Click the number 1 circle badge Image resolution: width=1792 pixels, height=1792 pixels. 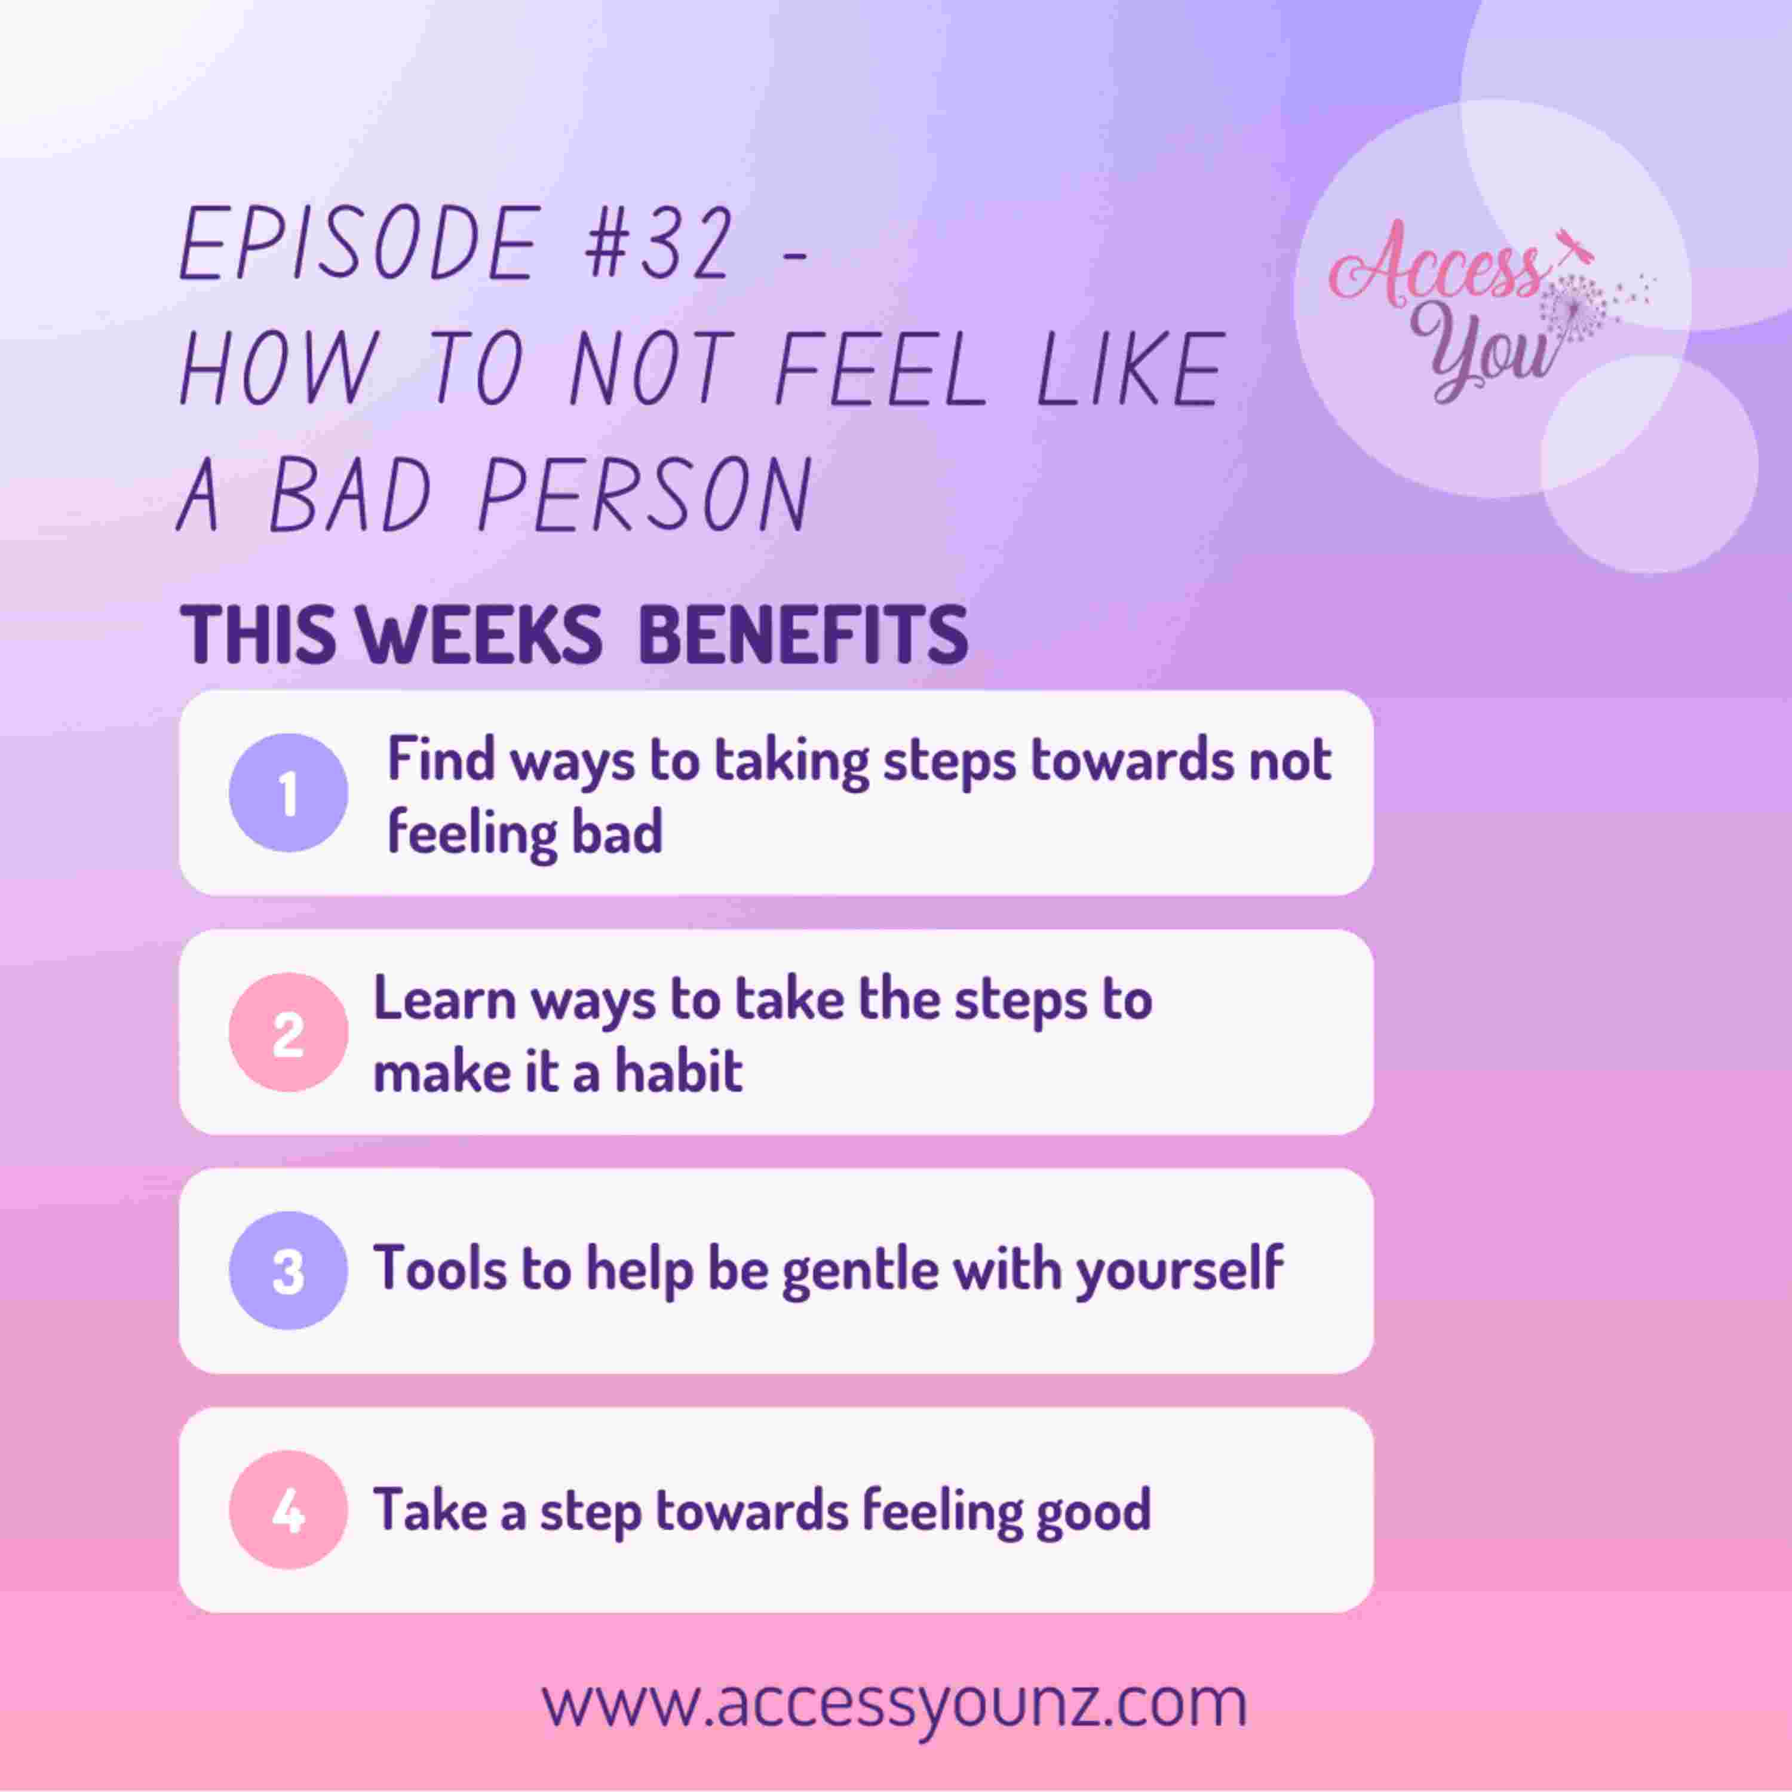289,793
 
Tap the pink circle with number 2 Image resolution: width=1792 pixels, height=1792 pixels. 289,1032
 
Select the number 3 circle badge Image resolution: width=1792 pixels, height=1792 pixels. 289,1271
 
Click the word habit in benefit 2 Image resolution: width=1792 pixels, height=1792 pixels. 679,1071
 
